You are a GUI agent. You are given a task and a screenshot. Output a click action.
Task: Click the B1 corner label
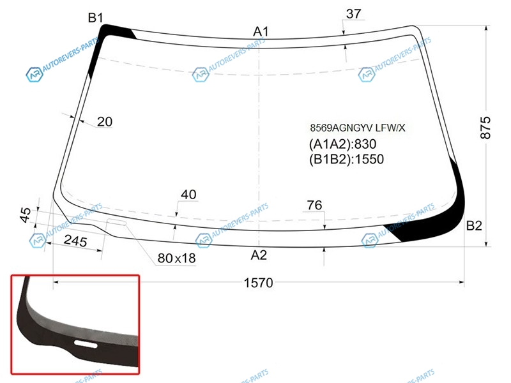click(x=95, y=18)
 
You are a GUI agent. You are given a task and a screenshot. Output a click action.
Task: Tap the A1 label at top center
click(x=261, y=31)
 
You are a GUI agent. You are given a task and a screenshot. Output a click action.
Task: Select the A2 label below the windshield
click(x=259, y=255)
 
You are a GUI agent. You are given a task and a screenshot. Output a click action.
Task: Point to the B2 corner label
click(x=474, y=225)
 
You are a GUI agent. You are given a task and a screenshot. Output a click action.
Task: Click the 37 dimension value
click(x=354, y=13)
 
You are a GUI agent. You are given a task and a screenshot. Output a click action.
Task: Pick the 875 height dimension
click(x=485, y=128)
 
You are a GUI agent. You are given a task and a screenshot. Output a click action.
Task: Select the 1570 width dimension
click(x=259, y=283)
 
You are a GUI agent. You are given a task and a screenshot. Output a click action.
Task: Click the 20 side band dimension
click(x=105, y=121)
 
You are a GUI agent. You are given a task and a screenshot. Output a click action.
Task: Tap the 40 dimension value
click(x=188, y=195)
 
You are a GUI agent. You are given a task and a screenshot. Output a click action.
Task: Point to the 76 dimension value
click(x=314, y=205)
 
